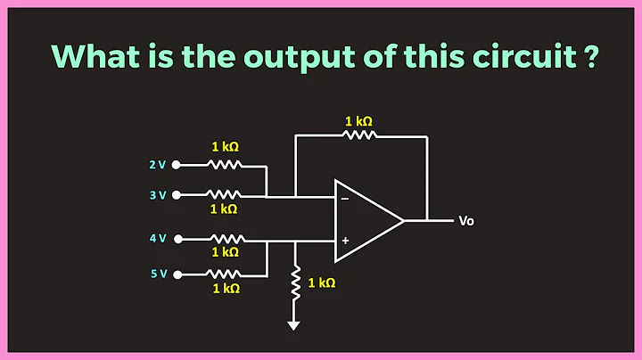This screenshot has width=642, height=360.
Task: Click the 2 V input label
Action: (x=158, y=165)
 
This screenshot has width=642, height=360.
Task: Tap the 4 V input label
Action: (x=158, y=239)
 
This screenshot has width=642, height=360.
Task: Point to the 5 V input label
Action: (x=158, y=274)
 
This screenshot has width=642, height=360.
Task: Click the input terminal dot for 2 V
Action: (x=177, y=165)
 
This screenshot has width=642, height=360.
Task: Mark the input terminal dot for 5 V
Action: (x=177, y=274)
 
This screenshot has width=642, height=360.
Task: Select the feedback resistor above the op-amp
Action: (x=360, y=135)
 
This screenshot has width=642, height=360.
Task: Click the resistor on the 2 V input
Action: (x=224, y=165)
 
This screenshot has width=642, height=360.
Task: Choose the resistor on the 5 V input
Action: (x=224, y=274)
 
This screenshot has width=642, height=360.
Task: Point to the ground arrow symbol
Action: (x=294, y=324)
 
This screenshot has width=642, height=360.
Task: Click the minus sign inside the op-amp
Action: (x=345, y=199)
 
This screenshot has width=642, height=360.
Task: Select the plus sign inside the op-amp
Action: (x=345, y=241)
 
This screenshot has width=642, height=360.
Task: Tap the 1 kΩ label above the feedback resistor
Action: (x=359, y=119)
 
